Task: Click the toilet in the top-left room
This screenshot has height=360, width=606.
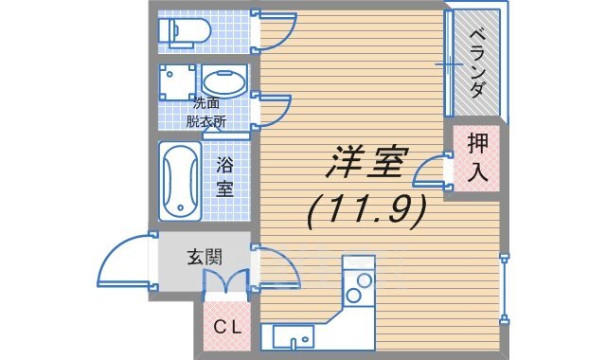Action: coord(183,32)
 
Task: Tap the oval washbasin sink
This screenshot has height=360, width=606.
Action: coord(223,81)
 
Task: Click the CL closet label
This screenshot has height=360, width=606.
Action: coord(225,329)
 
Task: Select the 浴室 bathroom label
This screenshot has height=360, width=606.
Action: coord(225,175)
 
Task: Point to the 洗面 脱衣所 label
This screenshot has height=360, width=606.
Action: coord(206,112)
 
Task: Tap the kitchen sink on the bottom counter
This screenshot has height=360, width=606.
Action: coord(295,338)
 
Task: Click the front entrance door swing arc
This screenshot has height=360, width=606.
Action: coord(125,260)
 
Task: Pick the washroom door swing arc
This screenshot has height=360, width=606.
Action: coord(273,112)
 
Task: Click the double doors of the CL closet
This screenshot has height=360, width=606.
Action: coord(226,281)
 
